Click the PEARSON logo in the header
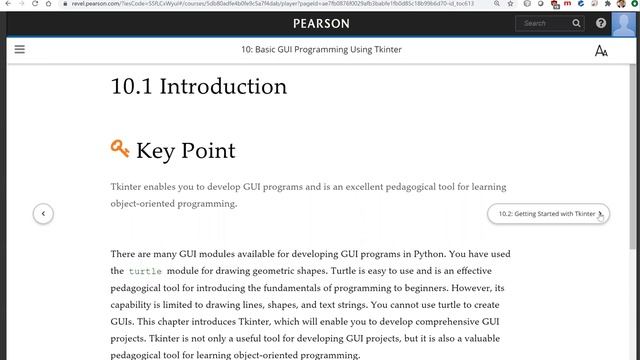(x=320, y=23)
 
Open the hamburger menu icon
(x=19, y=49)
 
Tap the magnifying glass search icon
(x=577, y=23)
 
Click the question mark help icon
(x=601, y=23)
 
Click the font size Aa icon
(x=601, y=50)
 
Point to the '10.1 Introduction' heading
(x=199, y=87)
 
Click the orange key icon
(x=120, y=150)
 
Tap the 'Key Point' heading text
(x=186, y=151)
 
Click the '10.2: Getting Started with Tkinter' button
(x=547, y=213)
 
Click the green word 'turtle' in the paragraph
(x=145, y=271)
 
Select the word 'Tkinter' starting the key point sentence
(x=127, y=187)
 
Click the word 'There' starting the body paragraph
(x=124, y=254)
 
